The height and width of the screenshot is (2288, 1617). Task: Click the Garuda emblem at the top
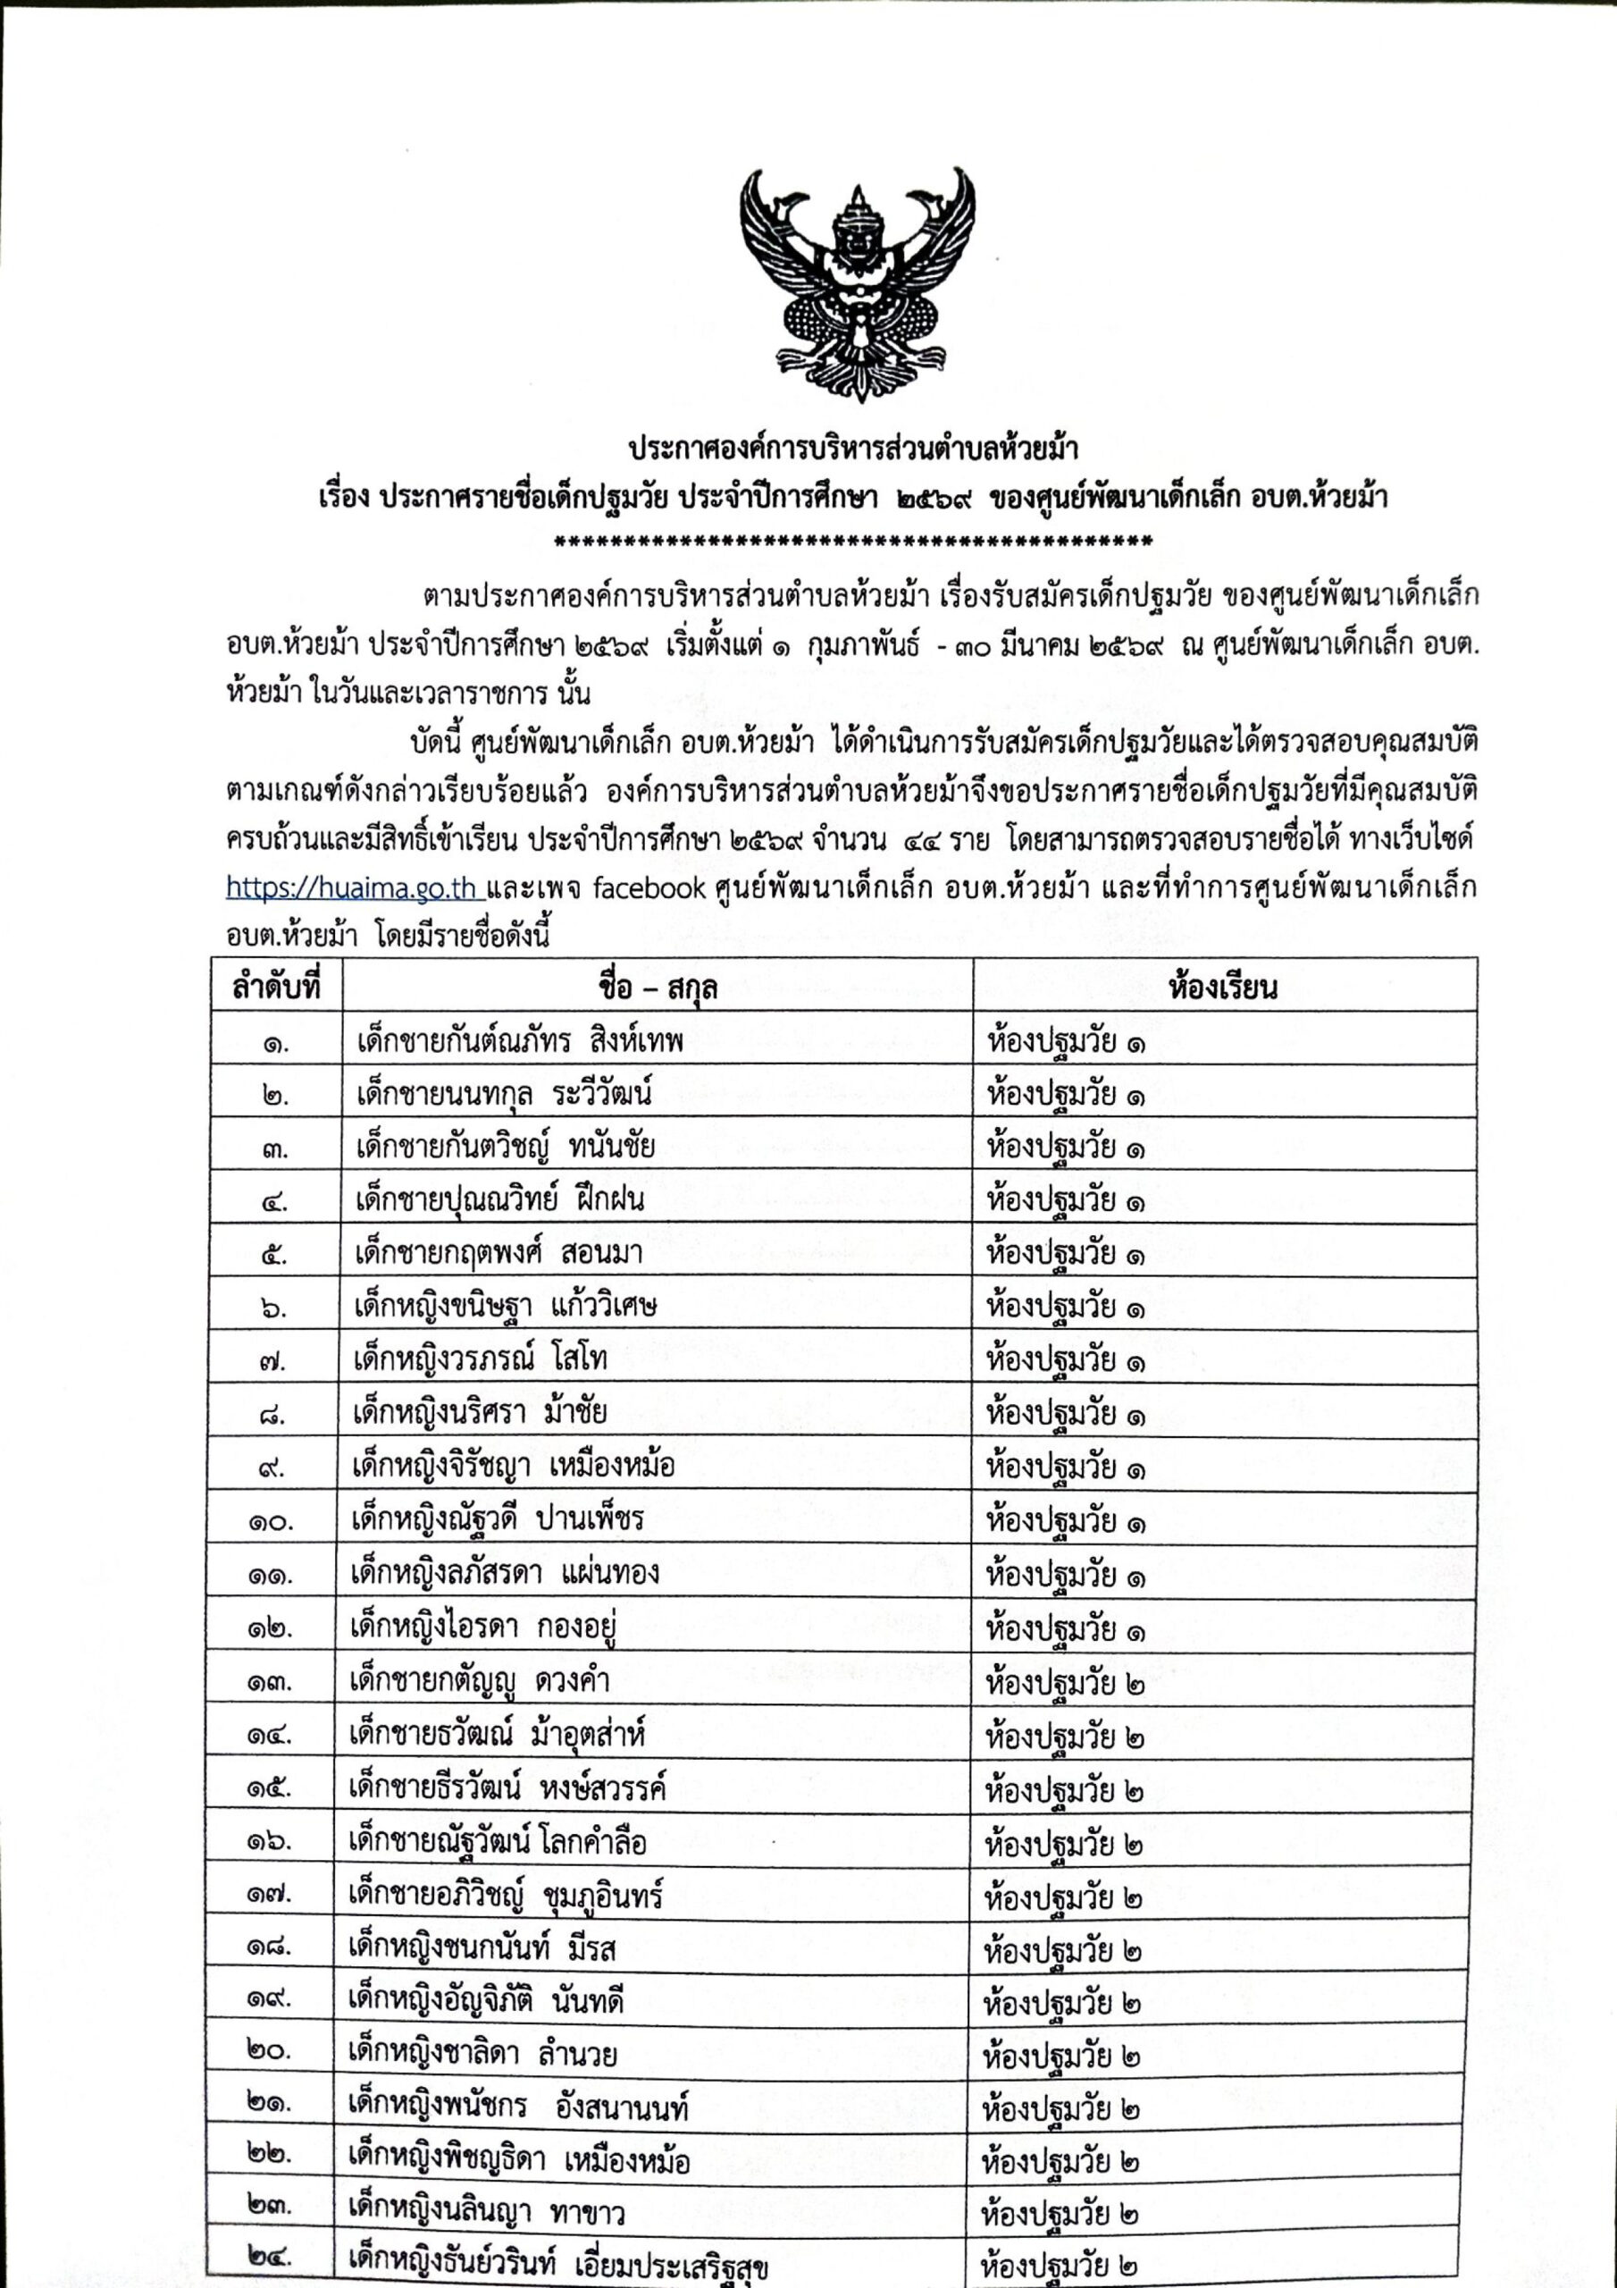857,284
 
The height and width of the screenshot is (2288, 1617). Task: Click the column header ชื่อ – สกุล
658,988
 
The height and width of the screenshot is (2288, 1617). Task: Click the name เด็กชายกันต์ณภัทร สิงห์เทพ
519,1041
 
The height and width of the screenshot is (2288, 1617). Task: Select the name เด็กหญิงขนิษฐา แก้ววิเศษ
505,1306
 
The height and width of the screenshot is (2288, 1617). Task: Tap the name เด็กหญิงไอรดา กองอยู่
484,1627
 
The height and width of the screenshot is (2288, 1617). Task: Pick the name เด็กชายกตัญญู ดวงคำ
479,1680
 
